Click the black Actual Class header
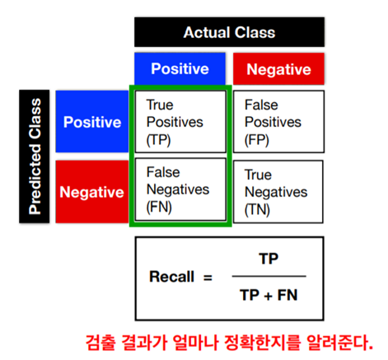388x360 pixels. [229, 32]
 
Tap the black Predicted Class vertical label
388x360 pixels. [35, 157]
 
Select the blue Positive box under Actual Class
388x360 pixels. [180, 68]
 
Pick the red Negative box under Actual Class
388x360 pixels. [278, 69]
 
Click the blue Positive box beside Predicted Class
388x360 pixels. [92, 121]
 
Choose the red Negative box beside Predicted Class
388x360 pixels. [92, 192]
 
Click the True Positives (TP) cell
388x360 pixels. [180, 122]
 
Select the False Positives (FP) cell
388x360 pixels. [278, 122]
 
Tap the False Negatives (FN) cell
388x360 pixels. [180, 189]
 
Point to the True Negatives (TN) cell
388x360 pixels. [278, 192]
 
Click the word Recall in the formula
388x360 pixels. [172, 277]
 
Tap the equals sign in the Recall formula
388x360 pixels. [208, 278]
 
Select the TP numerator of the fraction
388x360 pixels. [269, 259]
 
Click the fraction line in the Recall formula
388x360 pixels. [269, 276]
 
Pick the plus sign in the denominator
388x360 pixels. [269, 296]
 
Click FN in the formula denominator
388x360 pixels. [287, 295]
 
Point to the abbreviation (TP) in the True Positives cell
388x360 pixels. [158, 140]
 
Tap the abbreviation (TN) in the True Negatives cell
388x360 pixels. [257, 210]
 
